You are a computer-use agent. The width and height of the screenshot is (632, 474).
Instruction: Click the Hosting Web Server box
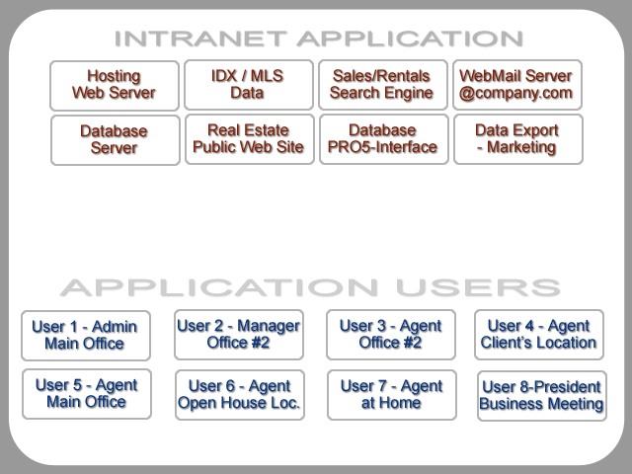[115, 86]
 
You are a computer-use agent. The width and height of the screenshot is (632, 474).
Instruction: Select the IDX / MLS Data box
[249, 85]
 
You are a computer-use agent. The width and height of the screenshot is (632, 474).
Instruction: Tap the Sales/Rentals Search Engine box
[383, 85]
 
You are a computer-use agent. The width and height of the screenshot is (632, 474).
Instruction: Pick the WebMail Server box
[517, 85]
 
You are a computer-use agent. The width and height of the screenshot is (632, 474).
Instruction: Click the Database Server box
[116, 140]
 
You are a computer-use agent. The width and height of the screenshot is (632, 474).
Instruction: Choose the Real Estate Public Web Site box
[250, 139]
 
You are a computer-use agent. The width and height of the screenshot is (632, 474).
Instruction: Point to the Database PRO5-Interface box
[384, 139]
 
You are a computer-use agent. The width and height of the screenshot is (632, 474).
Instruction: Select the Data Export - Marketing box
[518, 139]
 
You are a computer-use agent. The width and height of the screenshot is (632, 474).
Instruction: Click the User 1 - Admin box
[86, 336]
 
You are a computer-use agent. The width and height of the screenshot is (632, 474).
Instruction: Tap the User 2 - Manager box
[239, 335]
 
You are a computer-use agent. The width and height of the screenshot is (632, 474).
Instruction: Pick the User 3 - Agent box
[391, 335]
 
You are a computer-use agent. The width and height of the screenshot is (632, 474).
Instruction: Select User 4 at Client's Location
[539, 335]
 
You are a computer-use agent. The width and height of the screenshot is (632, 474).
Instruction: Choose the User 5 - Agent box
[87, 394]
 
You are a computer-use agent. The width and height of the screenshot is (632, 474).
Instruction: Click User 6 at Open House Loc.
[240, 395]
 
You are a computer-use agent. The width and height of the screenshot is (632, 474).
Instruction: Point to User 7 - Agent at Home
[392, 395]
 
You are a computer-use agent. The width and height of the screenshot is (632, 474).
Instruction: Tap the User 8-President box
[542, 396]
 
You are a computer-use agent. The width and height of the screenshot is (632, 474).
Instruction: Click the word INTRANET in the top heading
[200, 39]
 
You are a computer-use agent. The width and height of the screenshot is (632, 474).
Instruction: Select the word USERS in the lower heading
[478, 287]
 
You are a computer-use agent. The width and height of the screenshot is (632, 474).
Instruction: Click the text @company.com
[515, 93]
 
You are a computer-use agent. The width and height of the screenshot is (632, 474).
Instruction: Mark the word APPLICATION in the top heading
[410, 39]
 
